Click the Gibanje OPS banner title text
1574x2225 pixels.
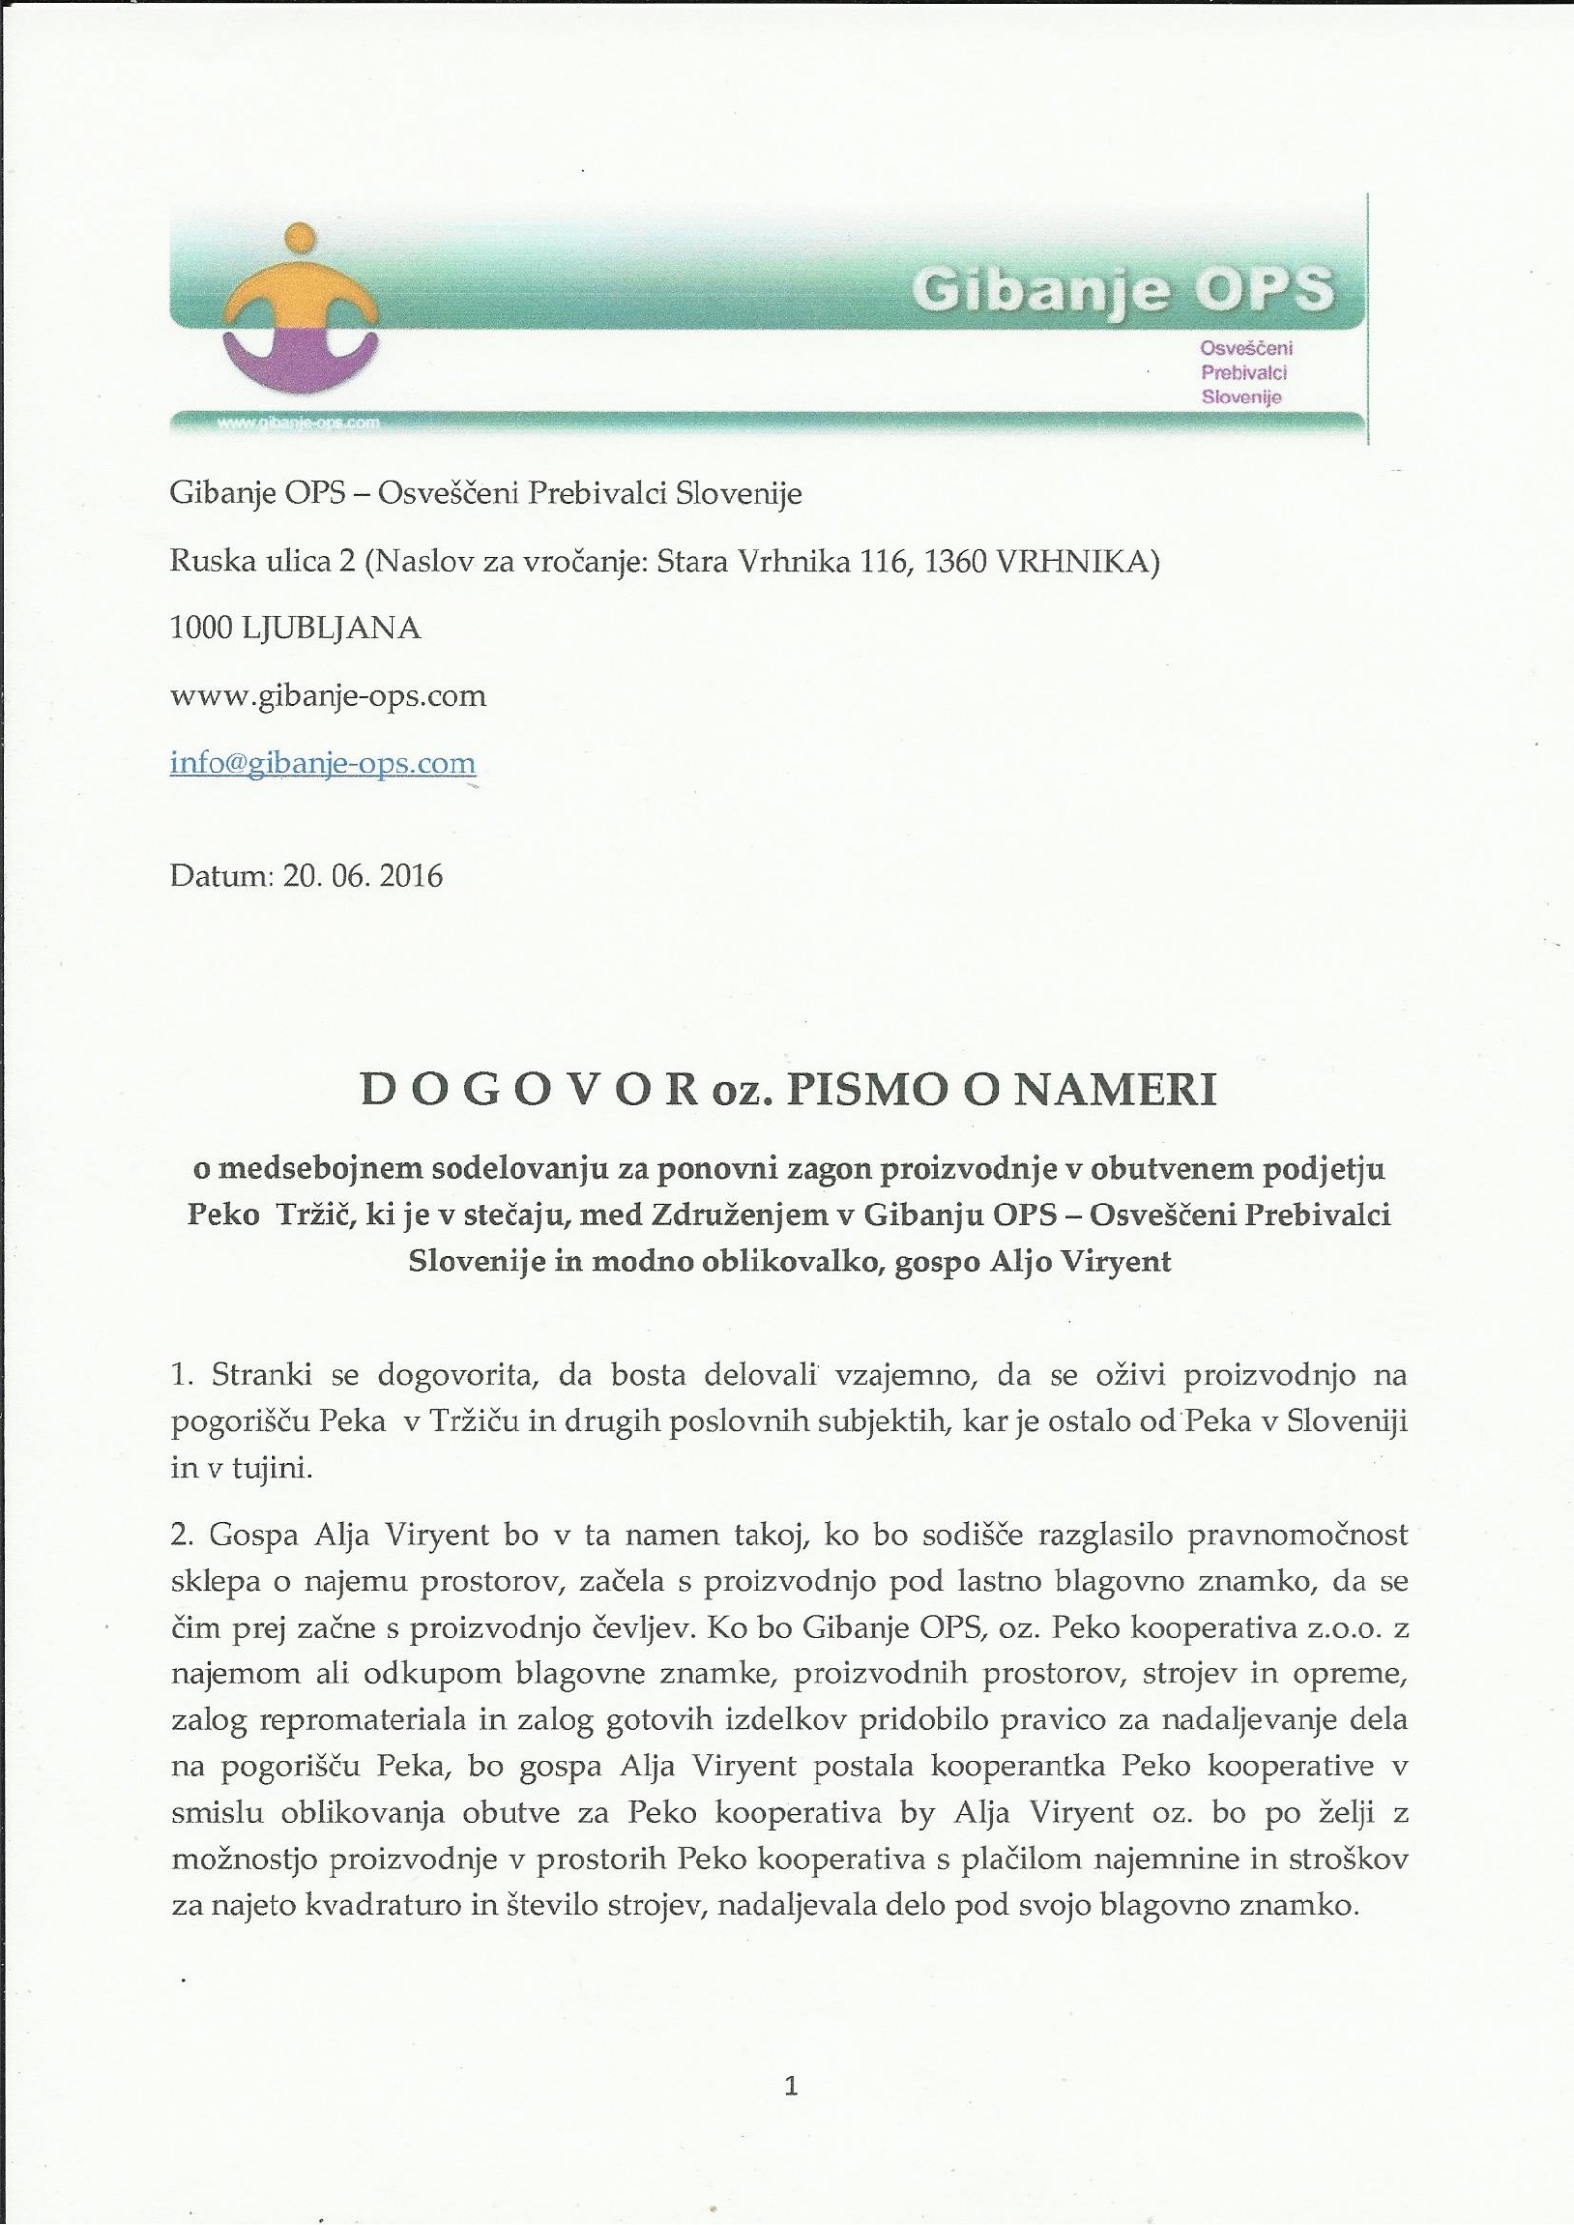click(1122, 289)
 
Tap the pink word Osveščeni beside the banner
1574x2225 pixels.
click(1246, 348)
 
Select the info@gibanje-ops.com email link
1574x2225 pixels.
click(323, 763)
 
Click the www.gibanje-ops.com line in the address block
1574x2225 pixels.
click(329, 696)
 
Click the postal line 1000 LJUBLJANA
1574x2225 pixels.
click(296, 628)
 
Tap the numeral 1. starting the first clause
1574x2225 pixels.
click(180, 1375)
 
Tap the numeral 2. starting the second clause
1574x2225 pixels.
click(181, 1534)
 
